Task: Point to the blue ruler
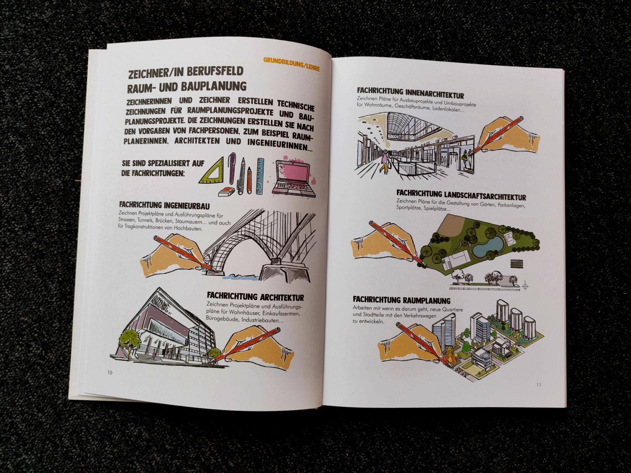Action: pyautogui.click(x=260, y=176)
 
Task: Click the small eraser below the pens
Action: pyautogui.click(x=226, y=191)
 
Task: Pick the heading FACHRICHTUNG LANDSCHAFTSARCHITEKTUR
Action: pyautogui.click(x=461, y=195)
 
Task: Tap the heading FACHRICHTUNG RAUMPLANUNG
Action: pyautogui.click(x=401, y=300)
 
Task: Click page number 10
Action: pyautogui.click(x=110, y=372)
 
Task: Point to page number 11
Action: pyautogui.click(x=539, y=385)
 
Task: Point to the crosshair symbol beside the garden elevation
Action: pyautogui.click(x=525, y=286)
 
